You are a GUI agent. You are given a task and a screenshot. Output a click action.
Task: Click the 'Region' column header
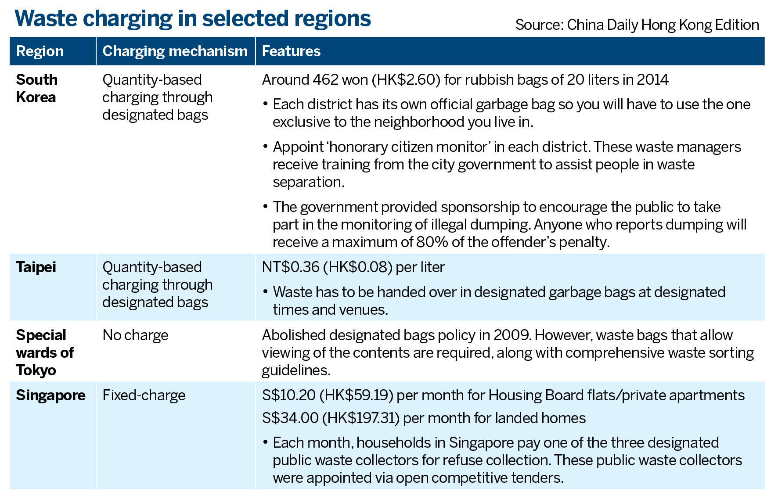[40, 51]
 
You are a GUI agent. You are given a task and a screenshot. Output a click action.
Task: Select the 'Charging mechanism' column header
[175, 51]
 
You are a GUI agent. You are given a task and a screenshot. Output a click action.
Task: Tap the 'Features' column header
[291, 51]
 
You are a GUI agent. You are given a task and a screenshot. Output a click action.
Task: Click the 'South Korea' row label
[37, 88]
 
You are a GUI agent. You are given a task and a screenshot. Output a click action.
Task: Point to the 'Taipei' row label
[36, 267]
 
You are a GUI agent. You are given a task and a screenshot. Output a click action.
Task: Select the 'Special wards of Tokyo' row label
[45, 352]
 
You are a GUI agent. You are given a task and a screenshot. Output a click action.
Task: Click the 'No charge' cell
[135, 335]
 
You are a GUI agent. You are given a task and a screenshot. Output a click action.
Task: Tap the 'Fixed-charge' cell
[144, 395]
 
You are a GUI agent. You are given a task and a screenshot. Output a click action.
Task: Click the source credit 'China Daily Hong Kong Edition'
[663, 25]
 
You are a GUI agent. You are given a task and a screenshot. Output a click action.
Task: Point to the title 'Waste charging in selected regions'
[193, 18]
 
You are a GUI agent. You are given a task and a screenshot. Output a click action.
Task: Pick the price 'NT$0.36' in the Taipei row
[290, 267]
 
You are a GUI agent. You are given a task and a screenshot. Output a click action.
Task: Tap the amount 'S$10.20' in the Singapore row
[289, 395]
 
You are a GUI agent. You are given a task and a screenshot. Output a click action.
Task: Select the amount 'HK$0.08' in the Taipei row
[359, 267]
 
